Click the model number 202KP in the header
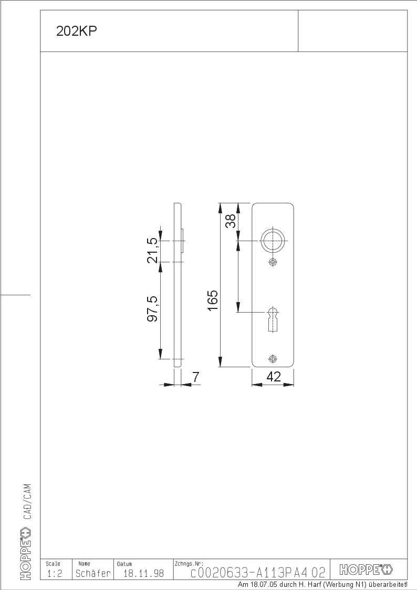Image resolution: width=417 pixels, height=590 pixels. click(x=76, y=31)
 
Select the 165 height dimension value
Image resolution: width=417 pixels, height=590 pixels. click(x=213, y=301)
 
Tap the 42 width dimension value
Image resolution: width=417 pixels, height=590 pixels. click(x=274, y=376)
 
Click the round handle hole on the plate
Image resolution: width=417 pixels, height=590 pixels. click(x=273, y=241)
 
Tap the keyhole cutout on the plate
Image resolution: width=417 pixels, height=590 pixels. click(x=273, y=319)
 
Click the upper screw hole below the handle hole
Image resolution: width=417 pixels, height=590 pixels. click(x=273, y=262)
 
